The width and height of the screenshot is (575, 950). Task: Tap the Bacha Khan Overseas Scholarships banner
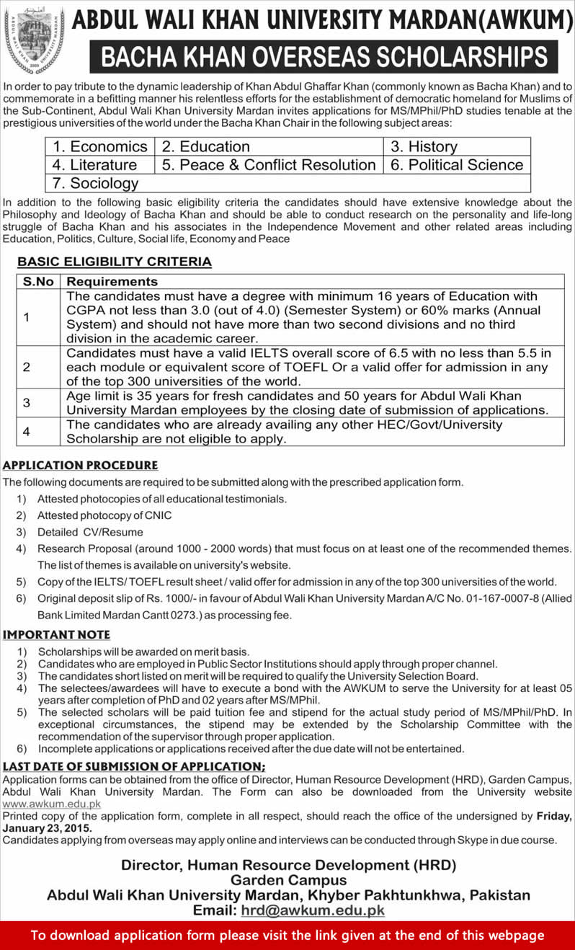(324, 57)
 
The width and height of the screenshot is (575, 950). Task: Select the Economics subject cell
(100, 146)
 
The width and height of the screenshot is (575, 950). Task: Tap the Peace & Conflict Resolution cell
(269, 164)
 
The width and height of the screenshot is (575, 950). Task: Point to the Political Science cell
(457, 164)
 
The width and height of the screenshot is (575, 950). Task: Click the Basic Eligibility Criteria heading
(115, 262)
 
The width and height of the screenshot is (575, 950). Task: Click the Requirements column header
(112, 281)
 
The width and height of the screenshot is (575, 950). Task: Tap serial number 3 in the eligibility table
(26, 403)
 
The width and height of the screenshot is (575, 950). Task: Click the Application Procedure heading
(81, 466)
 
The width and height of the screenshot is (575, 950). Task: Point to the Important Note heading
(57, 634)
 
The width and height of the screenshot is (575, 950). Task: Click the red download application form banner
(287, 935)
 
